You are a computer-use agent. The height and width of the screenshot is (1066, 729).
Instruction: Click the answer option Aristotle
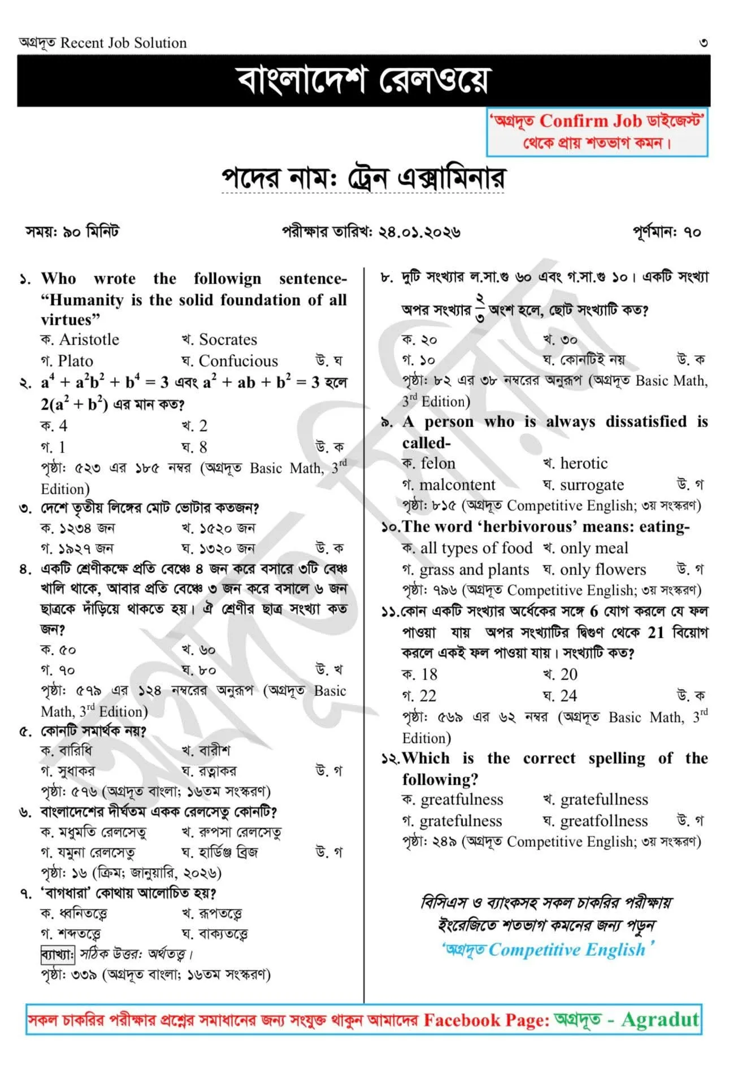click(x=89, y=340)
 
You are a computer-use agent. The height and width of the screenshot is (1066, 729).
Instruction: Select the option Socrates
click(x=227, y=340)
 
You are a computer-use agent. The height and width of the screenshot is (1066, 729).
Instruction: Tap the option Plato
click(x=75, y=361)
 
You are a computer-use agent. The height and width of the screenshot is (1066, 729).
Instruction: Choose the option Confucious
click(x=238, y=361)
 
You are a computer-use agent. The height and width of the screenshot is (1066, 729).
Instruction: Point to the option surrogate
click(x=592, y=485)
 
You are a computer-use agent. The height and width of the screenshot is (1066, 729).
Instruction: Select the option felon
click(x=437, y=463)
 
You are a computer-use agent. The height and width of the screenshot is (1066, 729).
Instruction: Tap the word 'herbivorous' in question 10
click(x=530, y=527)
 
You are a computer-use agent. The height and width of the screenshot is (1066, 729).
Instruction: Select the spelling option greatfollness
click(x=604, y=821)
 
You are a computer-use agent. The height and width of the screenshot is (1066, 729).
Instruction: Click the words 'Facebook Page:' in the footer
click(x=486, y=1020)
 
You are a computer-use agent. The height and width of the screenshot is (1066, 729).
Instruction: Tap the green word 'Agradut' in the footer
click(x=660, y=1019)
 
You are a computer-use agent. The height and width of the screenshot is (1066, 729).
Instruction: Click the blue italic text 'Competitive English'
click(x=566, y=950)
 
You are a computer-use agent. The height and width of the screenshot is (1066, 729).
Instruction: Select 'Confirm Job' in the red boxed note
click(x=591, y=121)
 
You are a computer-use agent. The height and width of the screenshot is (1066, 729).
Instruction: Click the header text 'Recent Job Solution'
click(x=123, y=43)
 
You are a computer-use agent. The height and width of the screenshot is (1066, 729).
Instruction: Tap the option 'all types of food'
click(x=476, y=548)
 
